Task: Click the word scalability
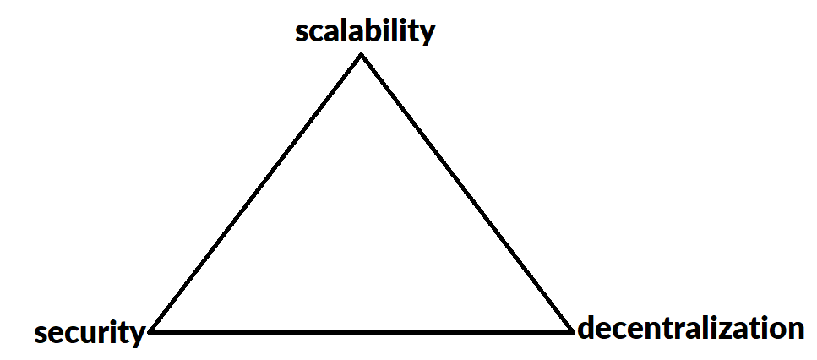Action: tap(365, 31)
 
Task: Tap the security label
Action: tap(90, 332)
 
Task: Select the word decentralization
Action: tap(690, 328)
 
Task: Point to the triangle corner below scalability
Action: tap(362, 55)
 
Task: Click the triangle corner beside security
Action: tap(150, 331)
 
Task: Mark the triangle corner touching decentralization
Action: tap(572, 330)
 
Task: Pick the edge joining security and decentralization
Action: tap(362, 331)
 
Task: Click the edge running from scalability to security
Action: tap(256, 193)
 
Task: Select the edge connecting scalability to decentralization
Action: tap(466, 193)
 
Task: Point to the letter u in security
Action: tap(86, 334)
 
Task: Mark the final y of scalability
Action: tap(427, 34)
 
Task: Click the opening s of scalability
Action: tap(302, 33)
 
